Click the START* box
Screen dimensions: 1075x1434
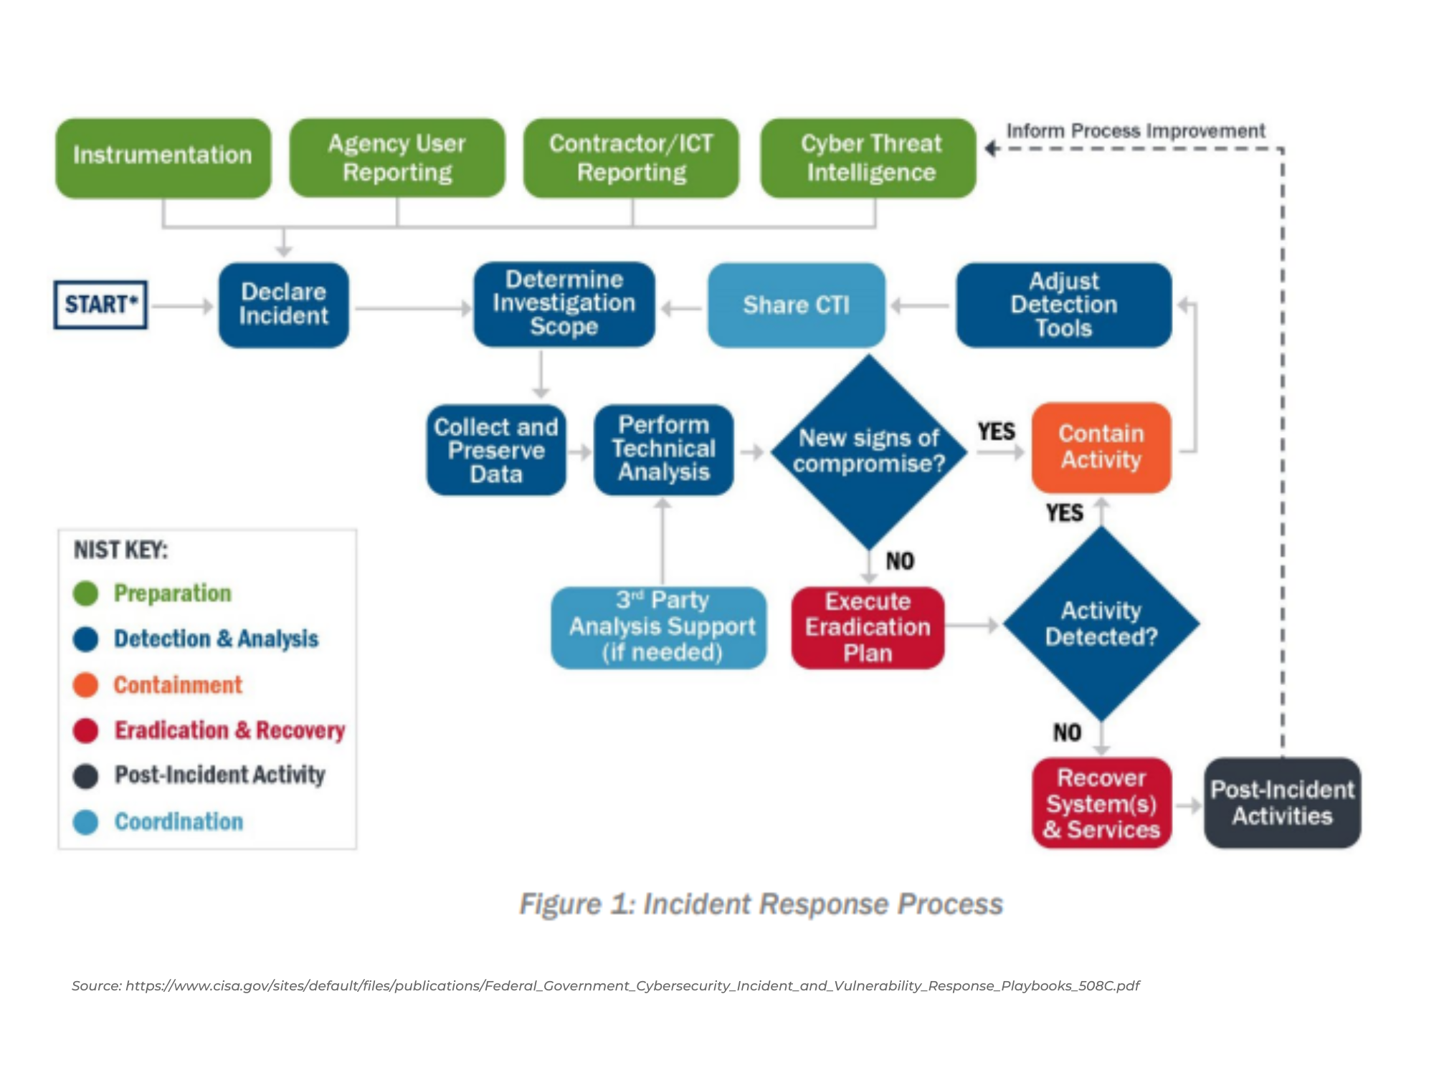pos(100,305)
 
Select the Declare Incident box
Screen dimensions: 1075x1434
pos(284,305)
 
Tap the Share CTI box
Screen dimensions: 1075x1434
pos(796,305)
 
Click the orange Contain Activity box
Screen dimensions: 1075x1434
pos(1101,447)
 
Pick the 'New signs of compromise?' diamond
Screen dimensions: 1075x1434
pos(869,451)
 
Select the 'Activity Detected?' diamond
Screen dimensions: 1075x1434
pos(1101,623)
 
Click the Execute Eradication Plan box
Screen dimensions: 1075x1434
pos(868,627)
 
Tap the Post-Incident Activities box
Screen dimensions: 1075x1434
pos(1282,803)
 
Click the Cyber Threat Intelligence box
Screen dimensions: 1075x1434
pos(869,158)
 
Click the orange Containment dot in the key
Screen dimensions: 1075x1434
pos(85,685)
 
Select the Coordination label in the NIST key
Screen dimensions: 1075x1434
pos(179,821)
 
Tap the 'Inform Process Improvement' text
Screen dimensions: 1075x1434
pos(1135,131)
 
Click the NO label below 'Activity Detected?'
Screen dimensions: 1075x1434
pos(1067,732)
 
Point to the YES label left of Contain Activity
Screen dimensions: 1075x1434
pos(997,431)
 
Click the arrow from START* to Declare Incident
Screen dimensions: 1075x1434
pos(182,306)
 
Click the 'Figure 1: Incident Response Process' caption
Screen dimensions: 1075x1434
pos(761,904)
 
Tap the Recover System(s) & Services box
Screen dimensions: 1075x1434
pos(1101,803)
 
